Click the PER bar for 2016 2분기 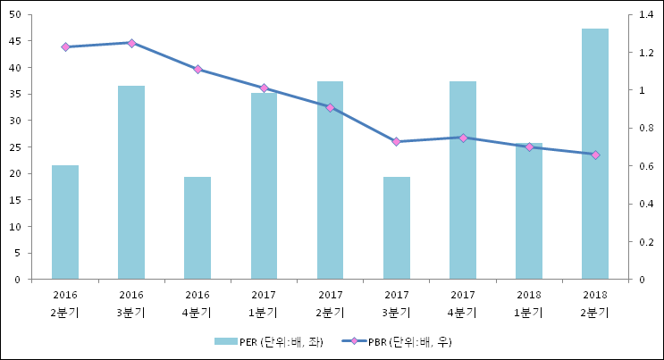click(x=65, y=222)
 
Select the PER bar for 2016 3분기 click(x=131, y=183)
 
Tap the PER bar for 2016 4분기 click(x=198, y=228)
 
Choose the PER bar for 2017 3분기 click(x=397, y=228)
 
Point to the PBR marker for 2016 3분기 click(x=131, y=43)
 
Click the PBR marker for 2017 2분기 click(x=331, y=107)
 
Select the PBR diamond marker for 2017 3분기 click(x=397, y=141)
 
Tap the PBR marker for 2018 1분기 click(x=529, y=147)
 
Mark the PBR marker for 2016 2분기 click(x=65, y=46)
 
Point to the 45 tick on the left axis click(x=21, y=41)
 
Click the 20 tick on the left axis click(x=21, y=173)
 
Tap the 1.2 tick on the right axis click(x=643, y=53)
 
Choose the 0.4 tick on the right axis click(x=643, y=204)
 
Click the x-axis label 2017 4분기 click(x=463, y=303)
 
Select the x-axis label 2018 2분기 click(x=595, y=303)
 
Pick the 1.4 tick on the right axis click(x=643, y=15)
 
